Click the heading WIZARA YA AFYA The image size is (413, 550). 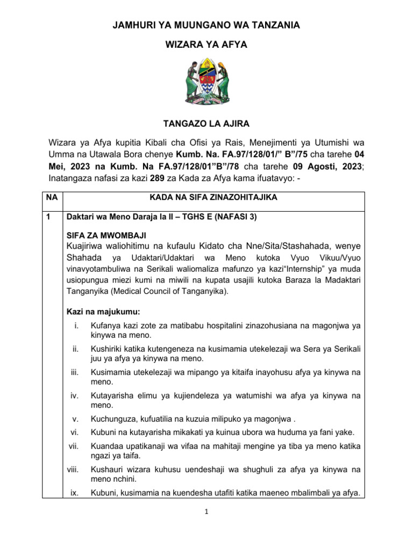206,45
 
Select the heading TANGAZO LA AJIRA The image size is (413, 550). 206,124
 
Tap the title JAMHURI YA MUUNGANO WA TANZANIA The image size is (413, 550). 206,25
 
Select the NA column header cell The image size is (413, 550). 52,198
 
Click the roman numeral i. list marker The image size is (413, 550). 77,325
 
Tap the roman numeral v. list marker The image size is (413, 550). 76,419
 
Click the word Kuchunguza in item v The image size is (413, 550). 112,419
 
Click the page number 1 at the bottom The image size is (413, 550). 206,512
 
